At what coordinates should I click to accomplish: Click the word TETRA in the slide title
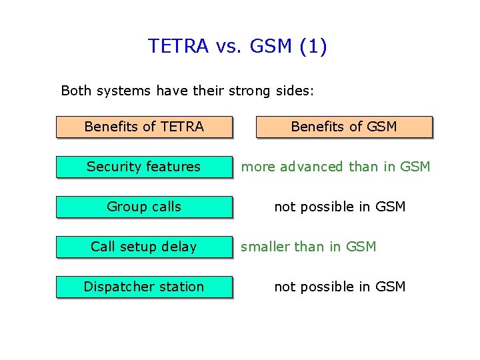(x=179, y=46)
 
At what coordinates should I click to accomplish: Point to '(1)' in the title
(x=313, y=46)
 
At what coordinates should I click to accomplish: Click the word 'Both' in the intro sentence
(x=75, y=90)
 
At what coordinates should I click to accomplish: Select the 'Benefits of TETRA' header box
(x=144, y=127)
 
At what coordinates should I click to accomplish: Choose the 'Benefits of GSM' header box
(x=344, y=127)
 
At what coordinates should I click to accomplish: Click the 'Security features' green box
(x=144, y=167)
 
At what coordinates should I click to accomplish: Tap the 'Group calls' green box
(x=144, y=207)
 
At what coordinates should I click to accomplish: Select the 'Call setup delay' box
(x=144, y=247)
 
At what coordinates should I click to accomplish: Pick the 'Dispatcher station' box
(x=144, y=287)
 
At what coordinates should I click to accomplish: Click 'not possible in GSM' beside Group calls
(x=340, y=207)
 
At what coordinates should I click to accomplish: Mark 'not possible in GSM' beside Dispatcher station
(x=340, y=287)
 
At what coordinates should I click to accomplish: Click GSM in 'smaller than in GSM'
(x=361, y=247)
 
